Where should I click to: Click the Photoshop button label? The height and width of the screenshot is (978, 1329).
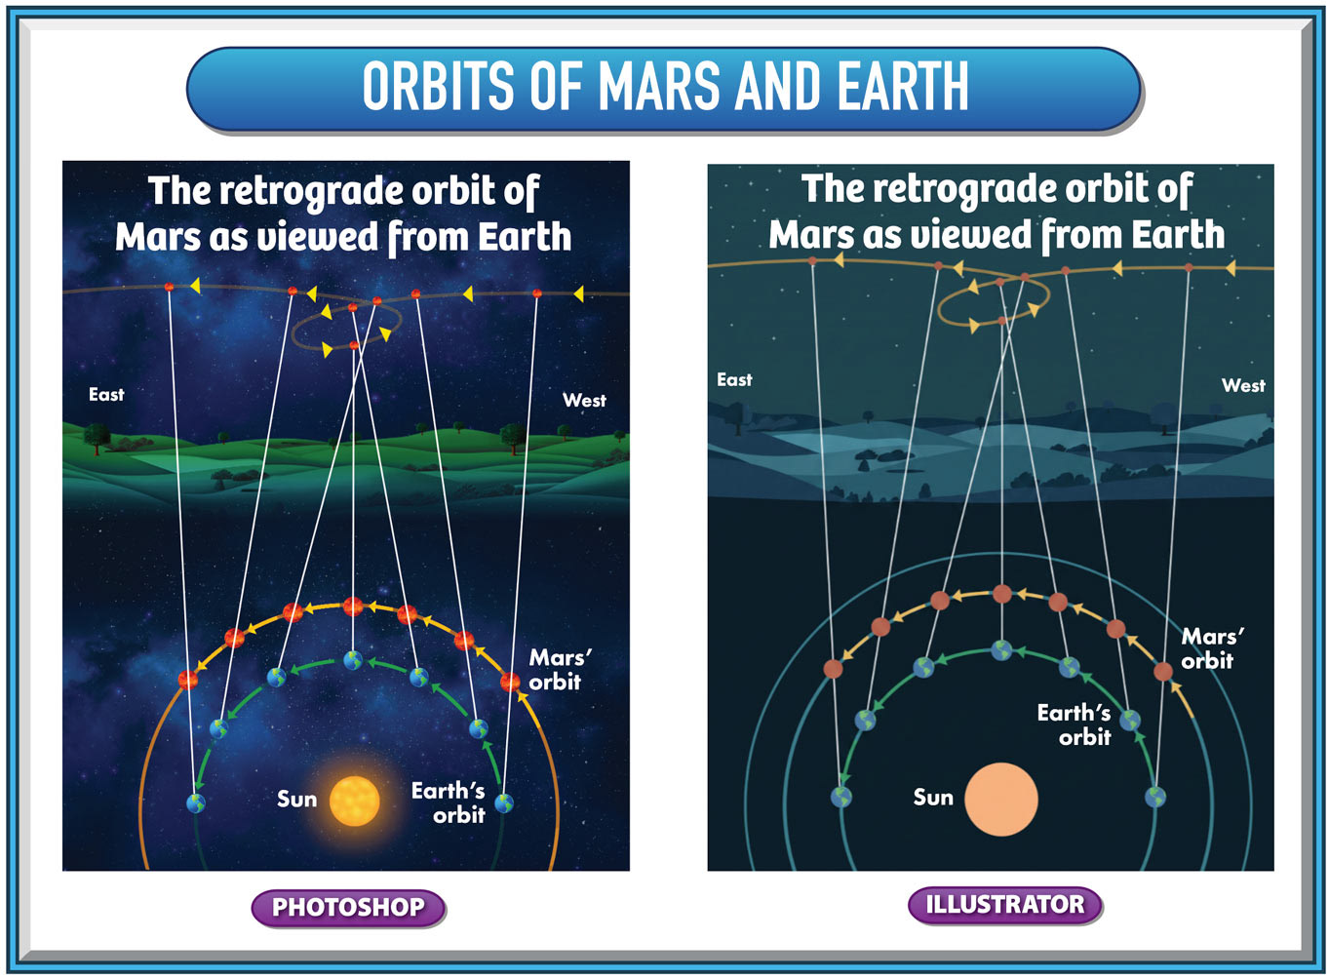348,908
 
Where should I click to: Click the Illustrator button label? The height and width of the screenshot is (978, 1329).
1005,905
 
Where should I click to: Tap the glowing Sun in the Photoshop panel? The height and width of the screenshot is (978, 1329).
354,802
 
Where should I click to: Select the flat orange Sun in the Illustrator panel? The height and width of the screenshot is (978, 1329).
1001,800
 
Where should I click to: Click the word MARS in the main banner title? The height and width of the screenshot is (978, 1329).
660,86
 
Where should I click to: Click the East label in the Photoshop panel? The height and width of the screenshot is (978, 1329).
106,394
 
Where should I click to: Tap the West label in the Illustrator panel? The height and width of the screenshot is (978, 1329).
1243,386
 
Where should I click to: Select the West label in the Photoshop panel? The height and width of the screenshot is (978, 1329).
584,400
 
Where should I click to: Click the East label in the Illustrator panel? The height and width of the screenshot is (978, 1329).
734,380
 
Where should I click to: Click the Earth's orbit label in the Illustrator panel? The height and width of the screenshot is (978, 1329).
1074,725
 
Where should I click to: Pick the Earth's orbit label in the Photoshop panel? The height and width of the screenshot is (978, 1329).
448,802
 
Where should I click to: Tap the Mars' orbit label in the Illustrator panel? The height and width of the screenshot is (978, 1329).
1212,648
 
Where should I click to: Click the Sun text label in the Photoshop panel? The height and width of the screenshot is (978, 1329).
296,800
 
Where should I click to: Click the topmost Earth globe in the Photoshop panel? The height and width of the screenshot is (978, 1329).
353,660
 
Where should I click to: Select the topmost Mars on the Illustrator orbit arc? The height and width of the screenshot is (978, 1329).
1002,594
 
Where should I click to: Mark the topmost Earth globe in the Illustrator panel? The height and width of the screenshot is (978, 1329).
1002,650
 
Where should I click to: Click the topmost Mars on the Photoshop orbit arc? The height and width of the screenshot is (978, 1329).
353,606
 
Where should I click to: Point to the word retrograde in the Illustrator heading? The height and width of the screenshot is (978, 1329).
969,190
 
